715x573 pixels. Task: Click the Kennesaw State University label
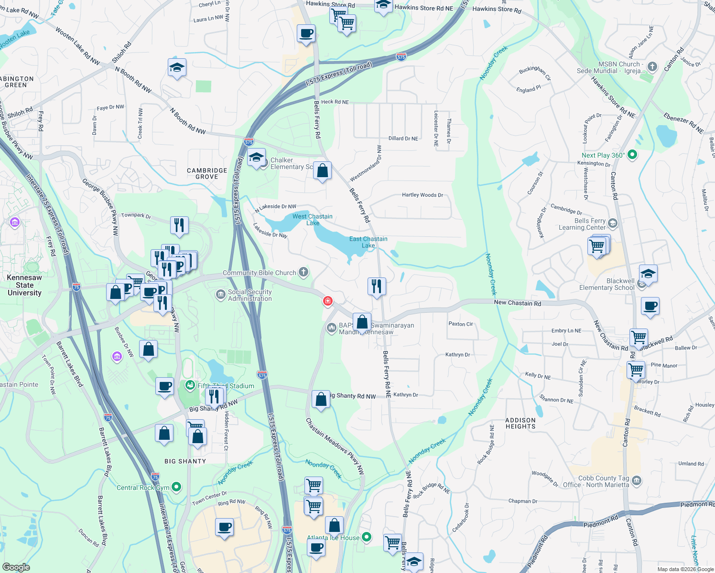coord(24,285)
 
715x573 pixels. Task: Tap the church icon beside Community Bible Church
coord(303,272)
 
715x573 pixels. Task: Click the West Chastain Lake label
coord(313,220)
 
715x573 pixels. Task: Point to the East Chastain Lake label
coord(368,242)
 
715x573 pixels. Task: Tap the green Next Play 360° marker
coord(632,155)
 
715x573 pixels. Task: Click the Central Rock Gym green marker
coord(176,487)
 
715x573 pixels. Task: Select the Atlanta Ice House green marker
coord(367,537)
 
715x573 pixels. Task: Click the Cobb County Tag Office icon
coord(637,480)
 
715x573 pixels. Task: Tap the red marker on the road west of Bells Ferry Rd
coord(328,301)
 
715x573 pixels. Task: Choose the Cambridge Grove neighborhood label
coord(207,173)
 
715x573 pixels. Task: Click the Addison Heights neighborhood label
coord(520,424)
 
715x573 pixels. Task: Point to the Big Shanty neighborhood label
coord(185,461)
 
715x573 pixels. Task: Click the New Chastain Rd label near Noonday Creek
coord(517,303)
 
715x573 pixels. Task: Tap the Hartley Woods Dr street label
coord(422,195)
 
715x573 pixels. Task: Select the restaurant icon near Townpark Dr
coord(179,225)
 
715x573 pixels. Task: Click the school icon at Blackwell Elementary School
coord(648,274)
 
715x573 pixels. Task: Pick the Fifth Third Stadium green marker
coord(190,385)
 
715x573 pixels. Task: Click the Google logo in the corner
coord(16,567)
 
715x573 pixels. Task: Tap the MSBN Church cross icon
coord(652,67)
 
